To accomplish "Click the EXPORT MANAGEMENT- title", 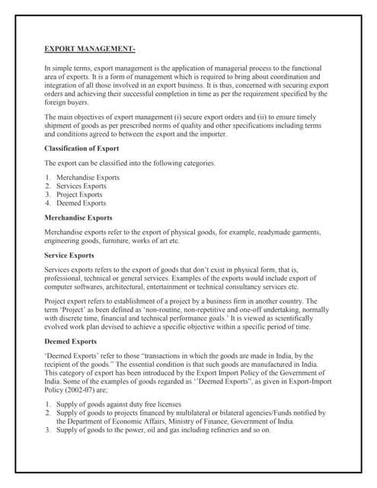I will (x=90, y=50).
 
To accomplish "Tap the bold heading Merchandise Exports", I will (x=79, y=217).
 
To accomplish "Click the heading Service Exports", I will (x=69, y=255).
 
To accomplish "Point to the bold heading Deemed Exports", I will (x=73, y=342).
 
